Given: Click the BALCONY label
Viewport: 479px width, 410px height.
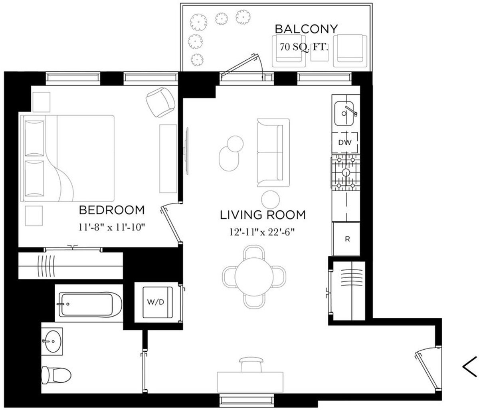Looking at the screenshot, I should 306,29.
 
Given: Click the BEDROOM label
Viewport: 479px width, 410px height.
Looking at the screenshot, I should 111,210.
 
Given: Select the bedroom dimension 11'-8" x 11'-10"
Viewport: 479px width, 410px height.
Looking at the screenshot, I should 111,228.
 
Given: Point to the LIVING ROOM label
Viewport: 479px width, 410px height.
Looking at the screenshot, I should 263,215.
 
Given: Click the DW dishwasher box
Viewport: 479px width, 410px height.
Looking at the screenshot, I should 345,143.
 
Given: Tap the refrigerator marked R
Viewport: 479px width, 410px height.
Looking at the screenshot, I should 347,240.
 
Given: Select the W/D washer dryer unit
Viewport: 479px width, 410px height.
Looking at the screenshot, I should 156,302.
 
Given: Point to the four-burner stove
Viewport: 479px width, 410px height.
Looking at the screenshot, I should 345,172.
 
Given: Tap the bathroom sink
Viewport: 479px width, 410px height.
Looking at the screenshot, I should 52,341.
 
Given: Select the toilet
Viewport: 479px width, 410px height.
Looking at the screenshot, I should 55,375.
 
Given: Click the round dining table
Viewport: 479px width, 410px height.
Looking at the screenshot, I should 254,275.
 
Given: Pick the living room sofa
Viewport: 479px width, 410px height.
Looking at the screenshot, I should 273,153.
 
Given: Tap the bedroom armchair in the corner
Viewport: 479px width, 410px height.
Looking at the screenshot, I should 161,100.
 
